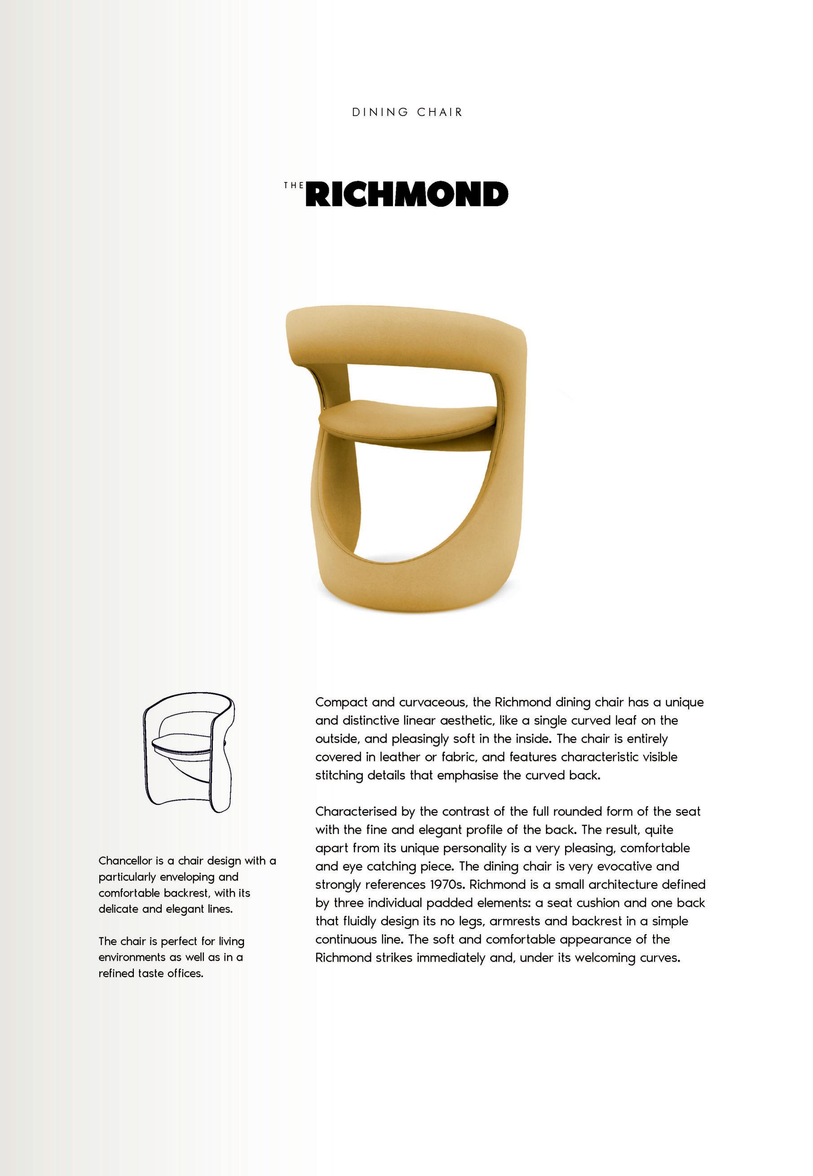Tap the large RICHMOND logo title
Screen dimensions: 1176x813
(x=409, y=194)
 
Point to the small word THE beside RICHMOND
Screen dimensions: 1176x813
(x=293, y=186)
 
